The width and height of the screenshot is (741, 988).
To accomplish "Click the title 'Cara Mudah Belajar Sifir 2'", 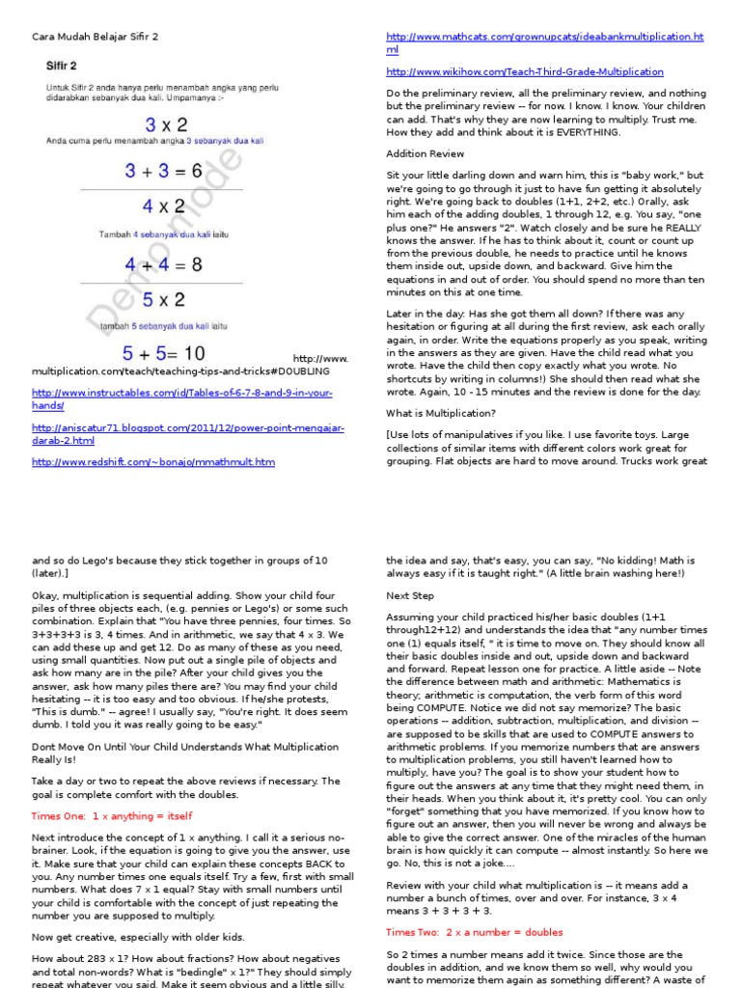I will tap(95, 37).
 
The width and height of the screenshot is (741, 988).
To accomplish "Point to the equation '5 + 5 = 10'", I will tap(162, 354).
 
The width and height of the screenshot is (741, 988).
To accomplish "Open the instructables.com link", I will tap(181, 399).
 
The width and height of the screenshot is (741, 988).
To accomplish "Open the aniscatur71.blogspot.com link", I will tap(187, 433).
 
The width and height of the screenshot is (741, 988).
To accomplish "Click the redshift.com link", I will tap(152, 462).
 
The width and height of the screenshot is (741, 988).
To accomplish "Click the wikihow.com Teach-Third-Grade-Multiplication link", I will tap(525, 71).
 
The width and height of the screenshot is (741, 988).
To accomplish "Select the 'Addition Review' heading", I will tap(425, 153).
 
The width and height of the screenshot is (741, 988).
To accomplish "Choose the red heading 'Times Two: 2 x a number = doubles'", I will tap(475, 932).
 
